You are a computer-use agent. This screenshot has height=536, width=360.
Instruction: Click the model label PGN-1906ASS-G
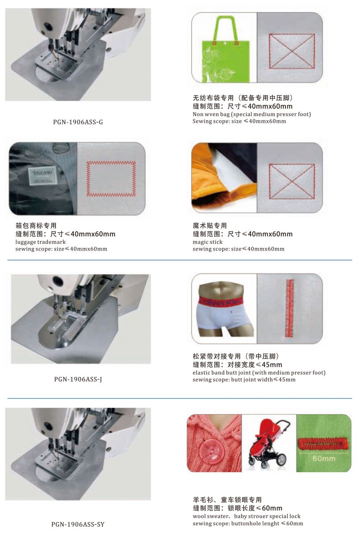pos(78,122)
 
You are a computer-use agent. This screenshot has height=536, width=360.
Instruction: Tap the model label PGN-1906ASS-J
pos(78,379)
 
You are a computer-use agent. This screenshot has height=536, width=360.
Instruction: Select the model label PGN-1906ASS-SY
pos(78,524)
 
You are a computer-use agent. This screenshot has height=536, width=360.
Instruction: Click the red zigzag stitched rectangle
pos(111,179)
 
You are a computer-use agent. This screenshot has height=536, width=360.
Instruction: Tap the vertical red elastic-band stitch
pos(289,308)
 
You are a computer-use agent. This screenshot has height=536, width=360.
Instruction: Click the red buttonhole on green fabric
pos(323,444)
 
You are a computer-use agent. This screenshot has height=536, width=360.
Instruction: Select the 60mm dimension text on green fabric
pos(324,459)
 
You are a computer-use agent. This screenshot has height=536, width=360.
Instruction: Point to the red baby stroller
pos(268,443)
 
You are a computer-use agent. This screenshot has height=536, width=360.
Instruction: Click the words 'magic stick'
pos(208,242)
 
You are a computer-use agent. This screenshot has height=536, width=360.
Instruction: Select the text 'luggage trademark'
pos(41,242)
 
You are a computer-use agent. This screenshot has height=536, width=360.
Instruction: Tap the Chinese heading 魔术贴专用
pos(209,226)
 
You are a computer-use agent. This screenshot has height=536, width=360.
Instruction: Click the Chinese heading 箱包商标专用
pos(36,226)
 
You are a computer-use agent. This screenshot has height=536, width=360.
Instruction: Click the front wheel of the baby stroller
pos(264,464)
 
